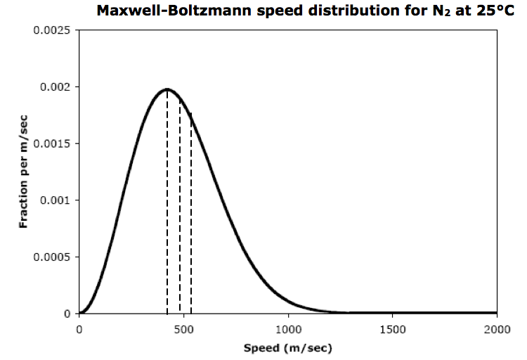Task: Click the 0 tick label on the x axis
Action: pos(79,328)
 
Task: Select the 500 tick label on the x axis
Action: pos(183,328)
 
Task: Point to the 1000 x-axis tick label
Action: pos(288,328)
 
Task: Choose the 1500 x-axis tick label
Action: pos(393,328)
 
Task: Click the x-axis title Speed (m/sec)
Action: pos(287,348)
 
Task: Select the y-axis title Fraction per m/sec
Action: pos(24,172)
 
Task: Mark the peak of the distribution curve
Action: pos(167,89)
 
